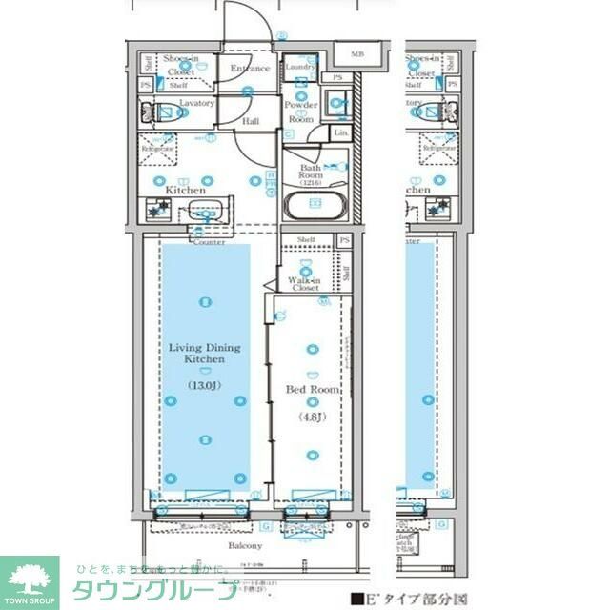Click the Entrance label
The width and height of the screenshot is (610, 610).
coord(250,69)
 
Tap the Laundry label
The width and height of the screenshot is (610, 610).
coord(300,67)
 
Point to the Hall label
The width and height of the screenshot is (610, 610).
coord(251,122)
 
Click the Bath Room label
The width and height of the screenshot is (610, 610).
coord(312,171)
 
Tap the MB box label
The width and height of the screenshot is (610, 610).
coord(357,55)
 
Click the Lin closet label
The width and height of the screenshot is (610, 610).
coord(341,133)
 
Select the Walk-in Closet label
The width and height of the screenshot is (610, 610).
coord(304,284)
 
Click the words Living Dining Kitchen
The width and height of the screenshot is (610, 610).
coord(205,354)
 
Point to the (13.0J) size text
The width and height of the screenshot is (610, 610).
coord(204,385)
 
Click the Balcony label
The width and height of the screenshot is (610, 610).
coord(245,546)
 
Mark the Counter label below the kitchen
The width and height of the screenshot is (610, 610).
coord(208,243)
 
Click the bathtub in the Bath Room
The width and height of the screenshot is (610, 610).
coord(315,205)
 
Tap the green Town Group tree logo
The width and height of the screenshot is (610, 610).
coord(29,578)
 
